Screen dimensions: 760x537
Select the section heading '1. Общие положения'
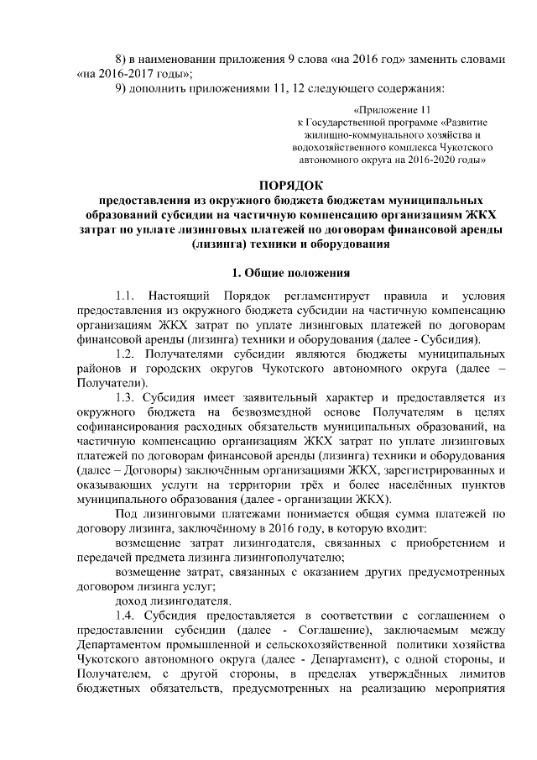tap(289, 273)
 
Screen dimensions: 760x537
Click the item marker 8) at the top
tap(122, 60)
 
